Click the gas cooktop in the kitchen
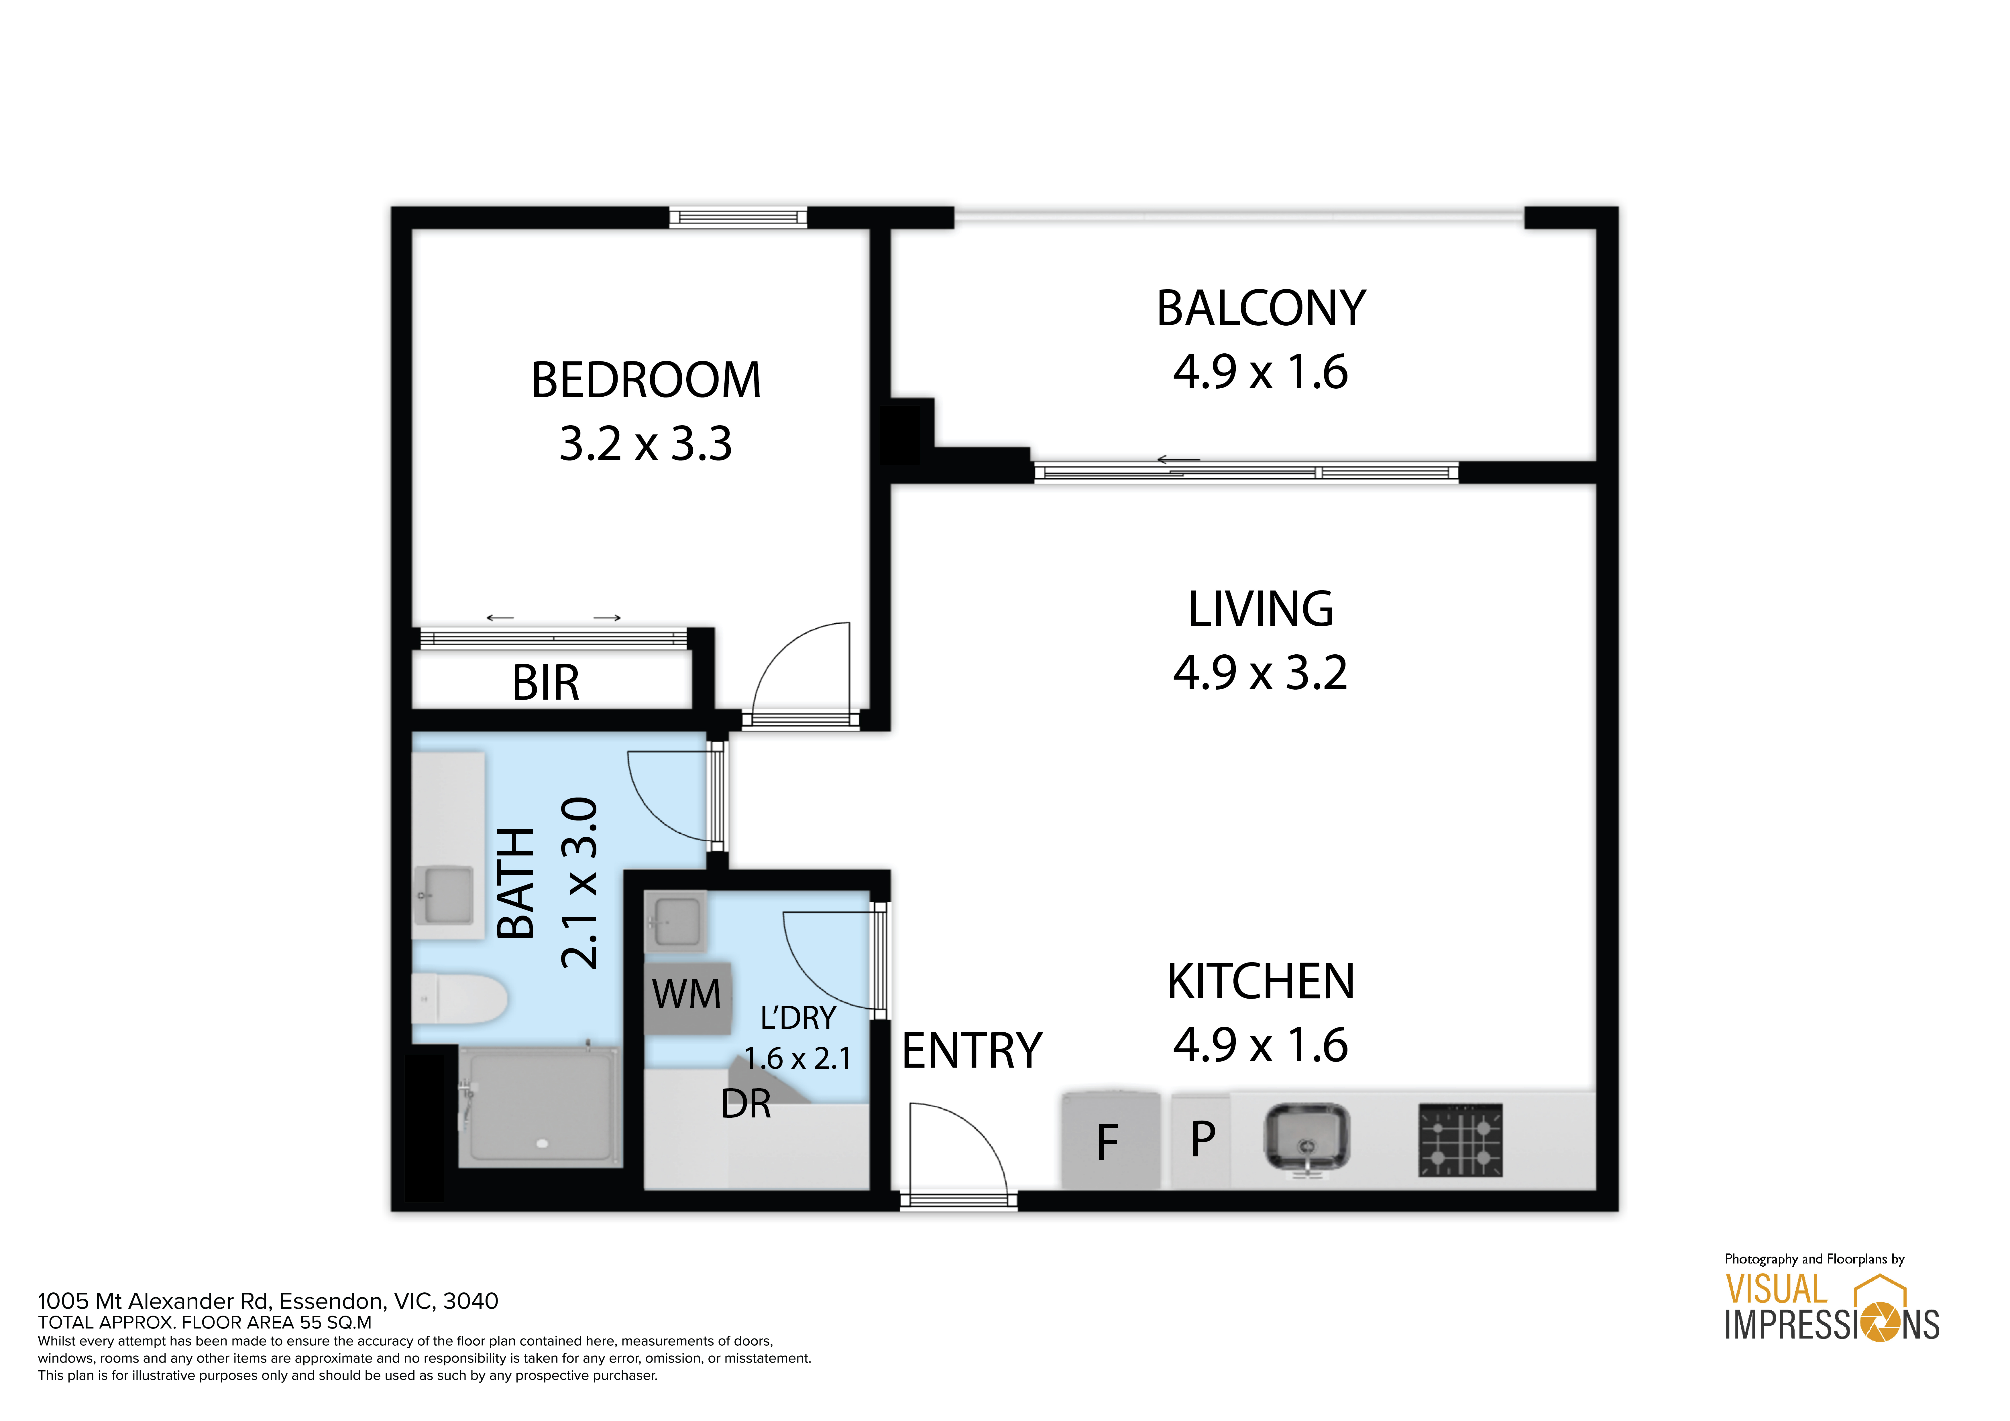point(1460,1140)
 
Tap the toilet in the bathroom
point(459,998)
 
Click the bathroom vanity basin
point(445,895)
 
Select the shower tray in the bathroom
point(540,1107)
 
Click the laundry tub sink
point(675,921)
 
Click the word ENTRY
point(972,1051)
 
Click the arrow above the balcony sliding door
point(1178,459)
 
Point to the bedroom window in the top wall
point(738,218)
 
